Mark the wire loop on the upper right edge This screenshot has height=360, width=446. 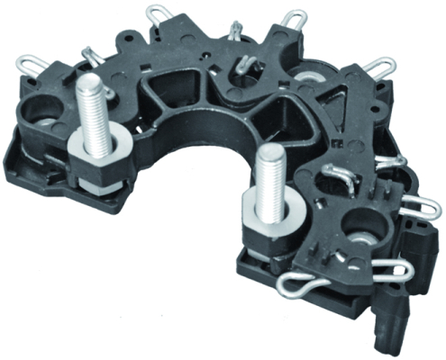tap(378, 65)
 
